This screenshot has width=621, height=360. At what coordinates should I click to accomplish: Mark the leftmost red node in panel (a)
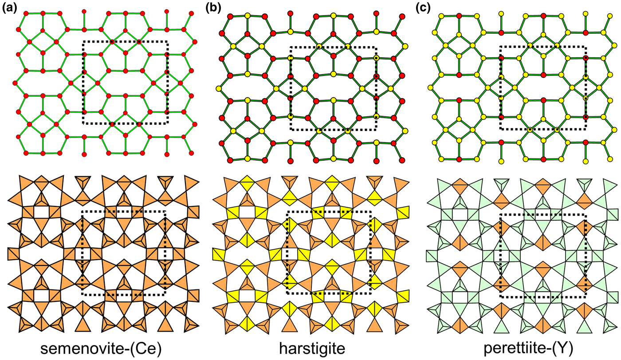(16, 83)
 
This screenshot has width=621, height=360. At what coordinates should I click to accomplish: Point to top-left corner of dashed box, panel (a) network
(83, 42)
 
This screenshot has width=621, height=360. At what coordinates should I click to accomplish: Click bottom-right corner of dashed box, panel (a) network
(167, 123)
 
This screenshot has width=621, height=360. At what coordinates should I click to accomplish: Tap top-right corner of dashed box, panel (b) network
(376, 47)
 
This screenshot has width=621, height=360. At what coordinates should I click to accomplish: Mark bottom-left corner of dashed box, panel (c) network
(501, 129)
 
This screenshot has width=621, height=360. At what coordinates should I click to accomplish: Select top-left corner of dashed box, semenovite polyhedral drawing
(83, 212)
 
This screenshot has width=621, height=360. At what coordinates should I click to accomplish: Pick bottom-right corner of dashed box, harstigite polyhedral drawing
(371, 293)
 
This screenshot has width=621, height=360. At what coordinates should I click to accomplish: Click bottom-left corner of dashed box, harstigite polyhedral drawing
(287, 293)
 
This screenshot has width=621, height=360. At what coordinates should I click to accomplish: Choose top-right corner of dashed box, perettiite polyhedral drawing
(585, 215)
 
